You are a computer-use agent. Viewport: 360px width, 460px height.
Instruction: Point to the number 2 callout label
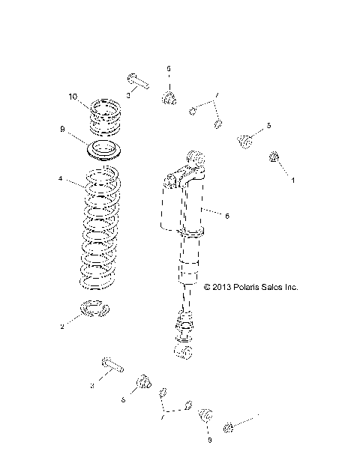[x=62, y=327]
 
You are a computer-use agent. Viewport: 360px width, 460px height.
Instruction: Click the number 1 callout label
[x=293, y=181]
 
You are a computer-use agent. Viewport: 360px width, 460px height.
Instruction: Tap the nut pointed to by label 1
[x=274, y=157]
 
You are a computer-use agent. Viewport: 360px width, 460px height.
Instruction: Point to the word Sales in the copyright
[x=279, y=286]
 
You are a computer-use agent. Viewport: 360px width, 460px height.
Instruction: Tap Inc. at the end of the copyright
[x=300, y=286]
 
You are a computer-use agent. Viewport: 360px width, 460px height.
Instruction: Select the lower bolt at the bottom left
[x=111, y=367]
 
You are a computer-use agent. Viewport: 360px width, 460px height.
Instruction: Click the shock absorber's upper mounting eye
[x=195, y=159]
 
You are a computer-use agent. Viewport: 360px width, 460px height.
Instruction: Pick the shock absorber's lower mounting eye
[x=183, y=350]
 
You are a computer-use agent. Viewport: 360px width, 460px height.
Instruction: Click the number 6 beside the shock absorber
[x=226, y=215]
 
